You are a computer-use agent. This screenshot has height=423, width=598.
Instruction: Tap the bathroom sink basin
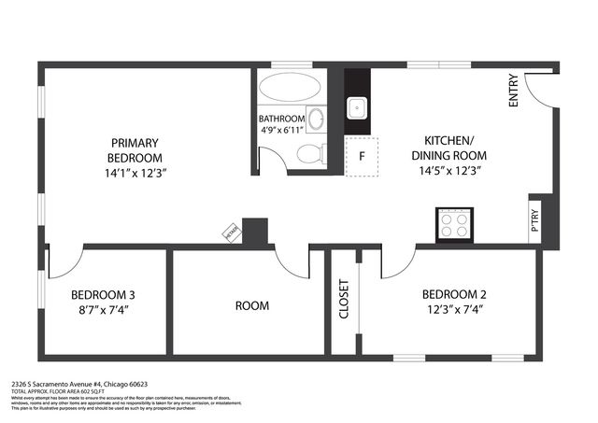pyautogui.click(x=316, y=120)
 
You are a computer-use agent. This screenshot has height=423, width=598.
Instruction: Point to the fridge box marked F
pyautogui.click(x=361, y=156)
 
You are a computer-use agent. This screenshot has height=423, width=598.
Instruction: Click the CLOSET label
pyautogui.click(x=344, y=300)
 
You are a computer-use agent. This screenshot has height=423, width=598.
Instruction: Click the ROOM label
pyautogui.click(x=251, y=305)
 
